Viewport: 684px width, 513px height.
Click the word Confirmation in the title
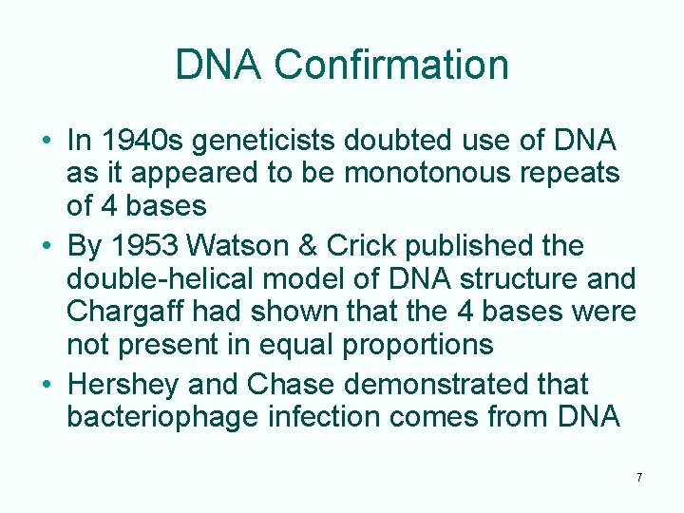pos(391,66)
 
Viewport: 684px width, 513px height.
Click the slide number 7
pos(639,477)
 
